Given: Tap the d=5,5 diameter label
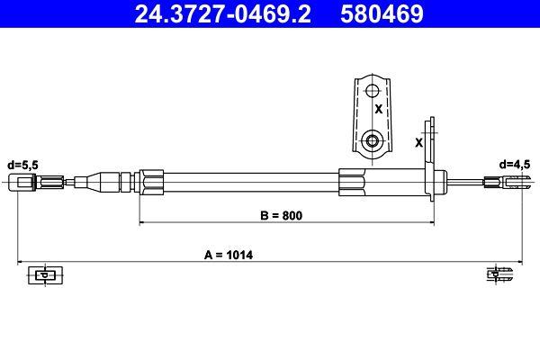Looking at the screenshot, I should pyautogui.click(x=22, y=165).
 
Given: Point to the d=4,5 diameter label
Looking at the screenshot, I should pyautogui.click(x=515, y=165).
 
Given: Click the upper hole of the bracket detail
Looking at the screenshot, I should pyautogui.click(x=371, y=90).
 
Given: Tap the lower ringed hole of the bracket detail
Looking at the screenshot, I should pyautogui.click(x=371, y=140).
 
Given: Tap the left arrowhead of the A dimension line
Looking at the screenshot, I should pyautogui.click(x=22, y=262).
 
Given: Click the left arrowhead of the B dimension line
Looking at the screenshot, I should pyautogui.click(x=141, y=222).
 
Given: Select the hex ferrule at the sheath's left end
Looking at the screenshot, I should pyautogui.click(x=151, y=183).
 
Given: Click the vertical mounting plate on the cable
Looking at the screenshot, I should pyautogui.click(x=433, y=157).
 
